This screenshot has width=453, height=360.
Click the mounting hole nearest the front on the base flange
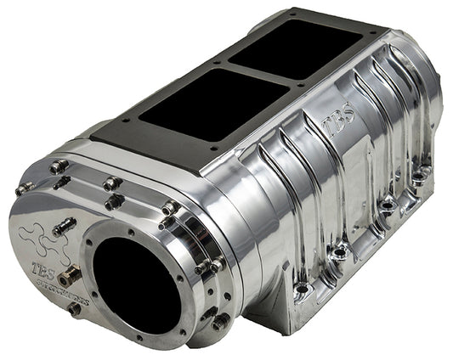[x=300, y=290]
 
